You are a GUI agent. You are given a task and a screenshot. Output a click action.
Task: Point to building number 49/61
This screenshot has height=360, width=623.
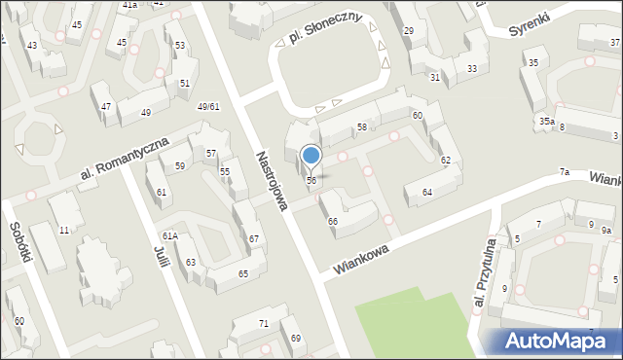[207, 106]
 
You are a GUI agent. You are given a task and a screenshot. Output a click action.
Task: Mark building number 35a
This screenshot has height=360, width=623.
[547, 121]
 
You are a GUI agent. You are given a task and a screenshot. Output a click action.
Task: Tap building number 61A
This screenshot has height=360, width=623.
[169, 236]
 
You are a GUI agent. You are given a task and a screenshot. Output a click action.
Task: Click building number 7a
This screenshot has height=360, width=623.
[564, 172]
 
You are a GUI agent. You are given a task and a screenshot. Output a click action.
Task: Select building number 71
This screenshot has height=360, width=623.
[263, 323]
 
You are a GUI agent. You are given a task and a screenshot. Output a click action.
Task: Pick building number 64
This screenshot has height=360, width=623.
[426, 192]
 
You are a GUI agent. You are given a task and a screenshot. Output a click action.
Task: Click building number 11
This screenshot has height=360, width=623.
[64, 230]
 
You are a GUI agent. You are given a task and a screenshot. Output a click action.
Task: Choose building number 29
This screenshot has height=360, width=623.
[408, 32]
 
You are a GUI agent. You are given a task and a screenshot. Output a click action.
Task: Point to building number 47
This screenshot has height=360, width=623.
[105, 106]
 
